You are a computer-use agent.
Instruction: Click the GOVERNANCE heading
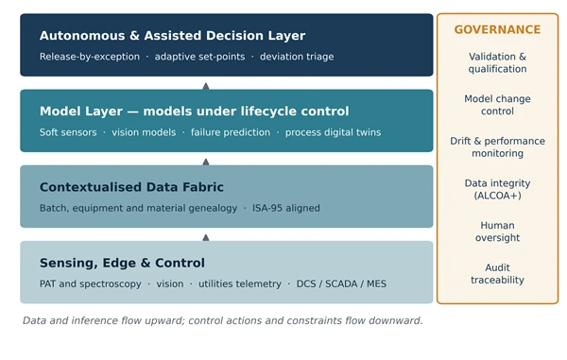click(x=497, y=29)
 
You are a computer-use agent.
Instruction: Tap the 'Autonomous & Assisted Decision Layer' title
click(x=173, y=35)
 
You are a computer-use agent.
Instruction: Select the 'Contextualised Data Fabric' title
click(x=131, y=187)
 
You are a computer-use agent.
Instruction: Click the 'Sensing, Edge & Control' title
click(x=122, y=263)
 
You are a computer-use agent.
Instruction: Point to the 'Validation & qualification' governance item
click(x=497, y=62)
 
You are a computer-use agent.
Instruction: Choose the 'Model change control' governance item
click(x=497, y=105)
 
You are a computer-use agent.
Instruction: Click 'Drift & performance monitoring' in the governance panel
click(x=497, y=147)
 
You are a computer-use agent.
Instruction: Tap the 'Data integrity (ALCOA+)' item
click(x=497, y=189)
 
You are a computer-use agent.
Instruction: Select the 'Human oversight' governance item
click(x=497, y=231)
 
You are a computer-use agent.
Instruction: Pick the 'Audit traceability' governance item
click(x=497, y=274)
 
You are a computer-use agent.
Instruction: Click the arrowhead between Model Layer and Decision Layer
click(x=206, y=86)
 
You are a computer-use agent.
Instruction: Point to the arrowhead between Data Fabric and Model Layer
click(x=206, y=162)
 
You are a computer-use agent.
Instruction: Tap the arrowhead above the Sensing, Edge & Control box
click(x=206, y=237)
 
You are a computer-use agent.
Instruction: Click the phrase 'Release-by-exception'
click(x=90, y=57)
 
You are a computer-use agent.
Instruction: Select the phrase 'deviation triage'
click(x=297, y=57)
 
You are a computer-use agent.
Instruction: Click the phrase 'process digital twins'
click(x=333, y=132)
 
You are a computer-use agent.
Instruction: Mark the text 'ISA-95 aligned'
click(x=286, y=208)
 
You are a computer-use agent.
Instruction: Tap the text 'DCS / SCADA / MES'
click(x=341, y=283)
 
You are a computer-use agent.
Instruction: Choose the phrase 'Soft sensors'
click(x=68, y=132)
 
